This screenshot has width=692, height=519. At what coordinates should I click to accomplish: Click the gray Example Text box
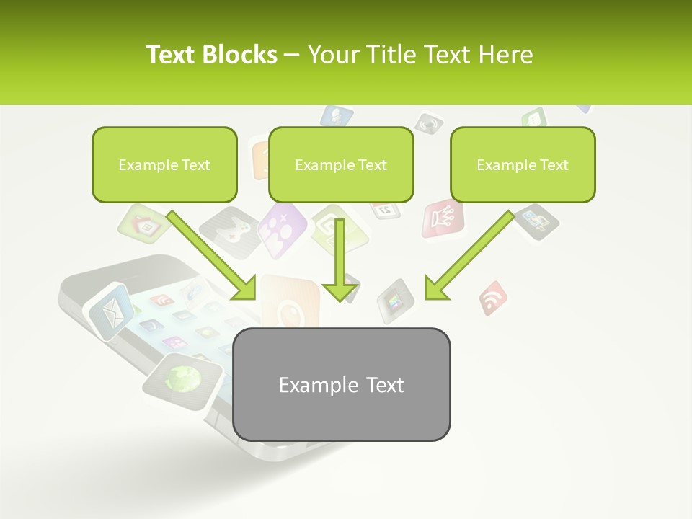click(x=342, y=384)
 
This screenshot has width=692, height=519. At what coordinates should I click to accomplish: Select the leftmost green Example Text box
click(x=164, y=164)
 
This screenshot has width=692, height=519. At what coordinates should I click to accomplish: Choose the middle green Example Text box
click(x=341, y=164)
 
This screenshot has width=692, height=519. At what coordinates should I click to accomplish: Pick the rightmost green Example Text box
click(x=523, y=164)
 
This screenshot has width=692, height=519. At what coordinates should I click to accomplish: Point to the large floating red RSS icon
click(x=493, y=297)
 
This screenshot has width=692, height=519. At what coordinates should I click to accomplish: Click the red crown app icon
click(x=441, y=218)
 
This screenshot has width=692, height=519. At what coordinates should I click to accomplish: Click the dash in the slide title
click(x=292, y=54)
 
